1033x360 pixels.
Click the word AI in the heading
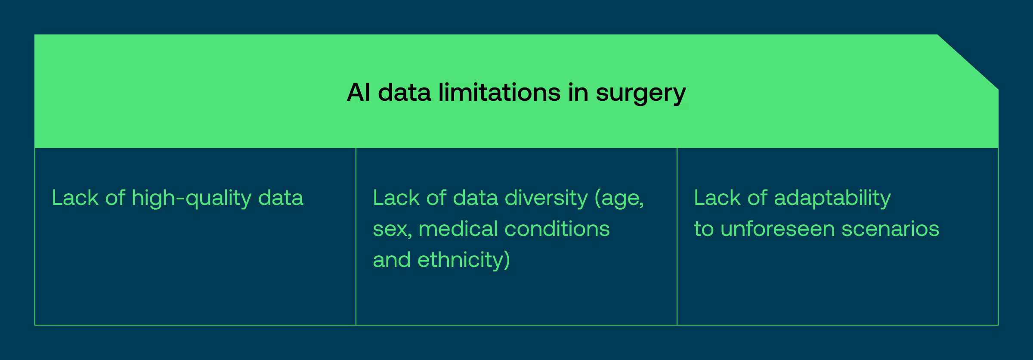pyautogui.click(x=358, y=92)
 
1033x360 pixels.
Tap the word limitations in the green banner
pyautogui.click(x=499, y=92)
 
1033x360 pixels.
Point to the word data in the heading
pyautogui.click(x=404, y=92)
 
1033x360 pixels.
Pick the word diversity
pyautogui.click(x=546, y=198)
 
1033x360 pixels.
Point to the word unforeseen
pyautogui.click(x=777, y=229)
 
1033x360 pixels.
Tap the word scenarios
pyautogui.click(x=890, y=229)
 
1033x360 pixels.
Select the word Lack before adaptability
pyautogui.click(x=718, y=198)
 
